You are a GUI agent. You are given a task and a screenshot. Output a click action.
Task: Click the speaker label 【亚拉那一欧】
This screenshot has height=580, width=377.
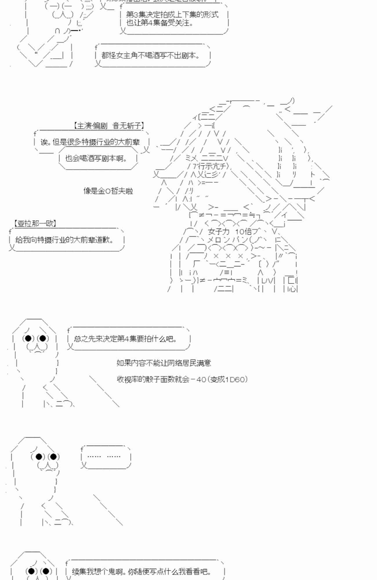pos(35,223)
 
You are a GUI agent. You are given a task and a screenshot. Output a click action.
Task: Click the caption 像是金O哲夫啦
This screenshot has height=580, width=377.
pos(108,191)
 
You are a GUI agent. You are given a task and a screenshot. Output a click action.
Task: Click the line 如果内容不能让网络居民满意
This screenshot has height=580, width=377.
pos(164,363)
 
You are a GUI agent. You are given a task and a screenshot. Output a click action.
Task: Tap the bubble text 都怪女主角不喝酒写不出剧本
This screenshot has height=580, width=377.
pos(151,55)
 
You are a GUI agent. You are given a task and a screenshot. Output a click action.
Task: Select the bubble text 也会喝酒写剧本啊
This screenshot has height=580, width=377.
pos(96,158)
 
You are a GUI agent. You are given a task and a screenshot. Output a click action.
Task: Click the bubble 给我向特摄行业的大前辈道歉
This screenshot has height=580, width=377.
pos(64,240)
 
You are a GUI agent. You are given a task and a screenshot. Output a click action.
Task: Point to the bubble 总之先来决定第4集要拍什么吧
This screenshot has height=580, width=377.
pos(126,339)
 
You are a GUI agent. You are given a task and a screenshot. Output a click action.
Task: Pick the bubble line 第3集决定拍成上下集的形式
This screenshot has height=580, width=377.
pos(172,14)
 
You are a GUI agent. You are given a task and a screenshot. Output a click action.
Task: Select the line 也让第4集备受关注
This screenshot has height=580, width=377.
pos(160,23)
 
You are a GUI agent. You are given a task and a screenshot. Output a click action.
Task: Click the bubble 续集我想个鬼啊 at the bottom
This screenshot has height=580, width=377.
pos(142,572)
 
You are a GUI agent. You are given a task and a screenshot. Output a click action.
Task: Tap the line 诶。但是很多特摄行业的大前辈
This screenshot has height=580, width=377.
pos(90,142)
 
